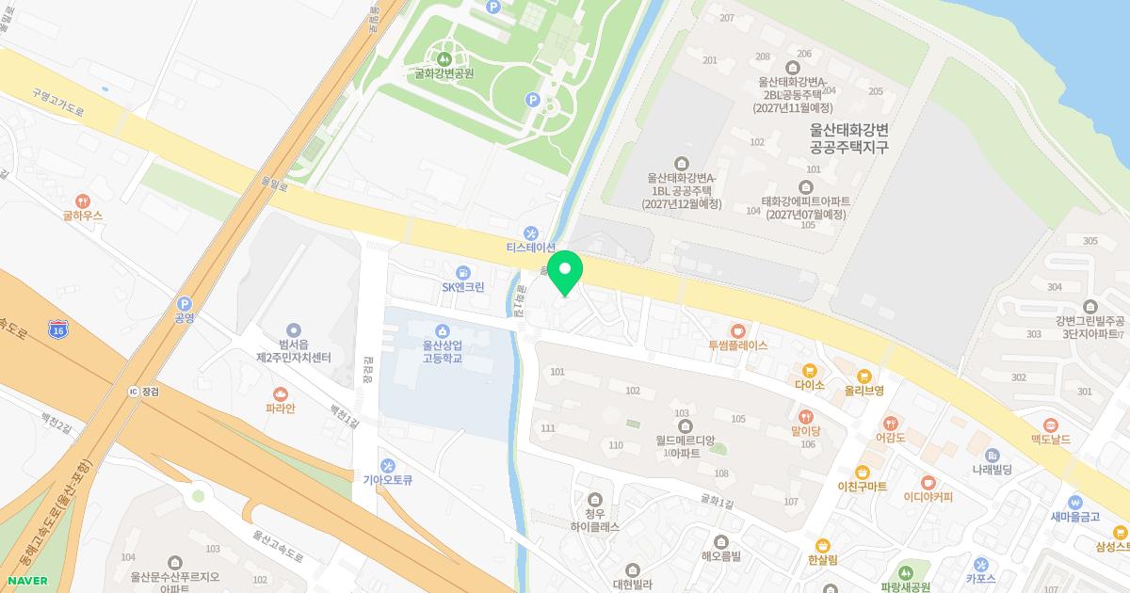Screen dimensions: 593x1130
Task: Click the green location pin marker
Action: (x=565, y=271)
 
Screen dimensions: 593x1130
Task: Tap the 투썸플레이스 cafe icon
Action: (x=738, y=330)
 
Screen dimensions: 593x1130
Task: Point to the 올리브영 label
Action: (x=864, y=390)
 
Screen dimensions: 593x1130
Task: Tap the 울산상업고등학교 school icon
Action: (x=443, y=329)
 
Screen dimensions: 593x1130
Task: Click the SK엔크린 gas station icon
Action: (x=462, y=271)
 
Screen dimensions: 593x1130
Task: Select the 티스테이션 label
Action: (x=531, y=248)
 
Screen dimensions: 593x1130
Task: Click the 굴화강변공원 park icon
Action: (x=444, y=58)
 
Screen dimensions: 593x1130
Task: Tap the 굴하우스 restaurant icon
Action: (x=83, y=200)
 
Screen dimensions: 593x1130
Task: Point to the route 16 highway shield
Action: (x=59, y=330)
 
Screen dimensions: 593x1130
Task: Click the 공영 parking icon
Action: (x=184, y=303)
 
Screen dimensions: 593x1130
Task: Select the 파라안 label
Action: (x=281, y=409)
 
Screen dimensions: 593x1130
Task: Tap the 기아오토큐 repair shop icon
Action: (x=388, y=465)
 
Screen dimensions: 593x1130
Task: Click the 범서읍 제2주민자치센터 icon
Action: (x=294, y=330)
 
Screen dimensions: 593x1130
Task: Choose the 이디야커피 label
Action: (x=928, y=497)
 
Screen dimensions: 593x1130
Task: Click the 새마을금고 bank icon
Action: (x=1074, y=501)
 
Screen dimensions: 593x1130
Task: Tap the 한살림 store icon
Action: (x=822, y=545)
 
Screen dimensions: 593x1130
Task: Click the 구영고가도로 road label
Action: (x=57, y=103)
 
